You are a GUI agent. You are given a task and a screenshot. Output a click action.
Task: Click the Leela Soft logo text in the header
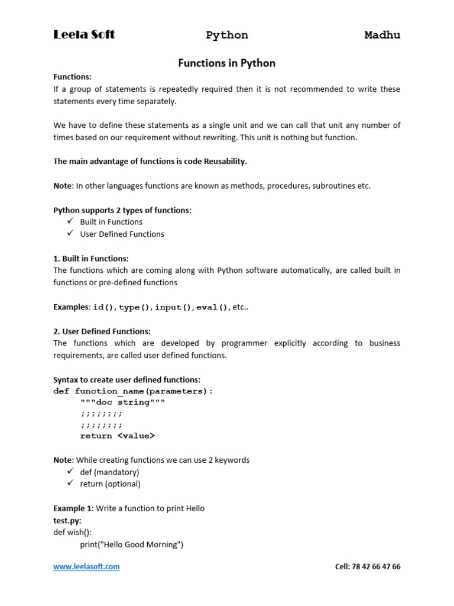click(x=84, y=35)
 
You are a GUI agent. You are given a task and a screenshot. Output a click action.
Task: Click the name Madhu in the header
click(x=382, y=36)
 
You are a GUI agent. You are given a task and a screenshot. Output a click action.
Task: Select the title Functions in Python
click(x=227, y=63)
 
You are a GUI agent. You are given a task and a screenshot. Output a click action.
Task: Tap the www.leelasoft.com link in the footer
click(x=86, y=566)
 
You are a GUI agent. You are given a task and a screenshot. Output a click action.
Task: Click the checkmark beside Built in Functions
click(x=70, y=221)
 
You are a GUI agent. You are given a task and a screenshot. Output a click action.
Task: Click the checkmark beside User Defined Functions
click(x=70, y=233)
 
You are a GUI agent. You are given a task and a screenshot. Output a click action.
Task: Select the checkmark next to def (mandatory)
click(x=70, y=472)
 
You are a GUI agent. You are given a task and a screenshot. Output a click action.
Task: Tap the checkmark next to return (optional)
click(x=70, y=483)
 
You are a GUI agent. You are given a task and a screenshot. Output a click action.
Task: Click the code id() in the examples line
click(x=104, y=307)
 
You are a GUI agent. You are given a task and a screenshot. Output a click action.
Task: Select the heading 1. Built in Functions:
click(x=91, y=258)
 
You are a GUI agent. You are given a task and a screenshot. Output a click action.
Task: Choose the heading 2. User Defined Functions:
click(x=102, y=331)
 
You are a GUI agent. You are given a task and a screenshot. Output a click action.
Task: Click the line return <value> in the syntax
click(x=118, y=436)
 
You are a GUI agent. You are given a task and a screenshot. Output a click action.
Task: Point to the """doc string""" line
click(x=123, y=402)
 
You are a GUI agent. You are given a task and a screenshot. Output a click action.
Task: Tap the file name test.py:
click(x=67, y=520)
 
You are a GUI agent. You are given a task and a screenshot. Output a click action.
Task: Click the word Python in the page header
click(x=227, y=36)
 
